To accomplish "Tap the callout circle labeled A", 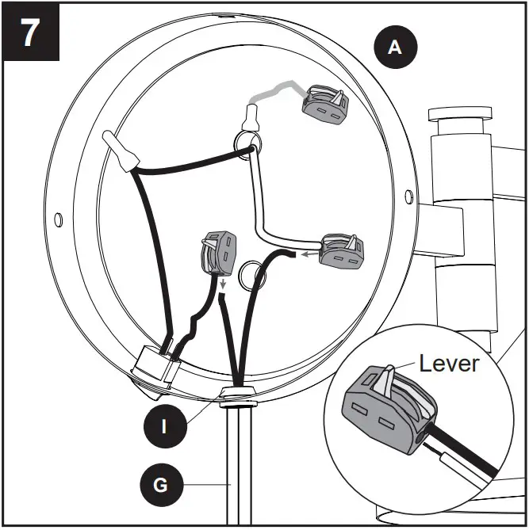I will click(x=393, y=48).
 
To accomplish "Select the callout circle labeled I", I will click(x=164, y=426).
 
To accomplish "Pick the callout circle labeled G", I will click(x=160, y=484).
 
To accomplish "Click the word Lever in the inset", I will click(x=449, y=364).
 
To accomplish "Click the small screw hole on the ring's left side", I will click(x=58, y=218).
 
